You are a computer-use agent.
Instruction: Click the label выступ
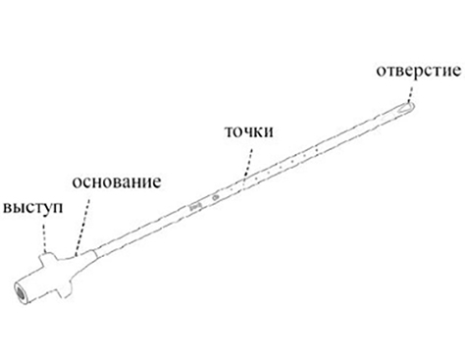click(32, 208)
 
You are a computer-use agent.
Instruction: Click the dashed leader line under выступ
click(43, 233)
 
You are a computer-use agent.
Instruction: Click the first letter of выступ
click(8, 209)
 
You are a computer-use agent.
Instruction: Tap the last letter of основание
click(157, 182)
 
